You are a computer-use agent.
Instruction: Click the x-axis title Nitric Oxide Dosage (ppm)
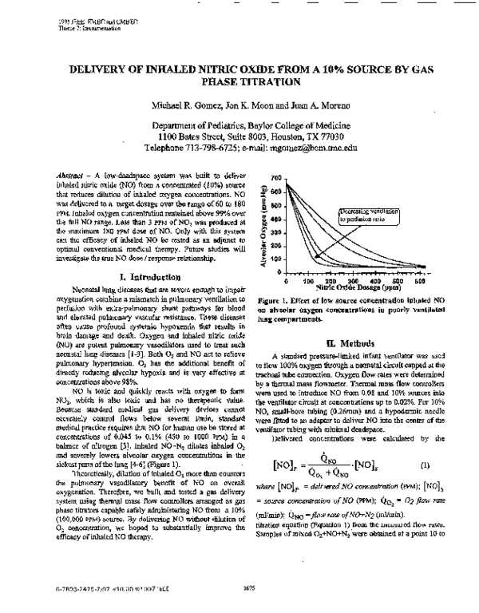point(346,287)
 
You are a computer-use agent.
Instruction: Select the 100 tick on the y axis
point(275,259)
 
